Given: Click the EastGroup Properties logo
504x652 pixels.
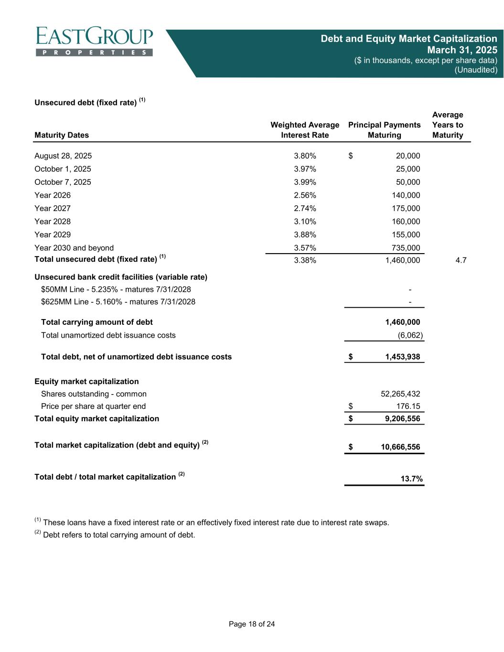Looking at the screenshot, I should tap(94, 42).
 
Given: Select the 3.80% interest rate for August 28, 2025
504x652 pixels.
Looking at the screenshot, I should tap(305, 156).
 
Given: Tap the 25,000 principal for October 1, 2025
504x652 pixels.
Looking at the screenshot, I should tap(406, 169).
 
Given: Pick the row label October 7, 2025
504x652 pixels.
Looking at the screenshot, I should tap(63, 182).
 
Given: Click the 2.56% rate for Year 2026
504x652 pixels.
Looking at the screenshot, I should tap(305, 195).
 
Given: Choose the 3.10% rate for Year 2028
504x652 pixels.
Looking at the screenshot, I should tap(305, 222).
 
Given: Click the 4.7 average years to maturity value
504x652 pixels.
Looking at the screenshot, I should tap(461, 260).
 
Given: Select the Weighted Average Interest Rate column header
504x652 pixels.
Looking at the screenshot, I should tap(305, 130).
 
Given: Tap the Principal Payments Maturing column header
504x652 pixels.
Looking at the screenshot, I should tap(384, 130).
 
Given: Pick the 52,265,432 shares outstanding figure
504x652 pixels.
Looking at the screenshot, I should tap(400, 394).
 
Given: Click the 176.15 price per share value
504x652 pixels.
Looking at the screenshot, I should tap(407, 406).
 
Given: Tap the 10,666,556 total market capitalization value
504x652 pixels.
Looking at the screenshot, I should tap(400, 447).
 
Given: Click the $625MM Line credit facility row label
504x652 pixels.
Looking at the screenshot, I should tap(118, 302).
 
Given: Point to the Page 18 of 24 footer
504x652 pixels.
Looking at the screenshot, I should tap(252, 624).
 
